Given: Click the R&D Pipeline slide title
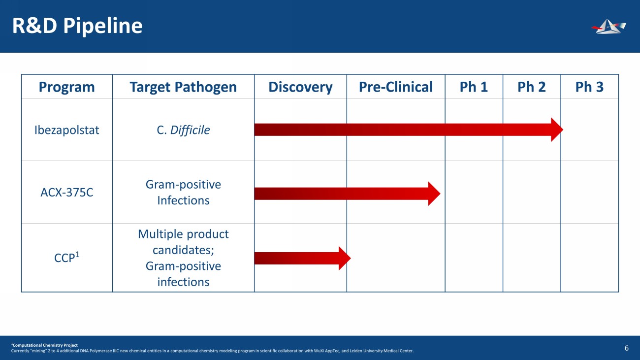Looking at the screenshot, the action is click(x=77, y=26).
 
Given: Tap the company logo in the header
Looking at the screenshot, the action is click(x=608, y=27).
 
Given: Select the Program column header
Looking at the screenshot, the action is click(x=66, y=87).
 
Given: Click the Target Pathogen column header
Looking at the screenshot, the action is click(x=183, y=87).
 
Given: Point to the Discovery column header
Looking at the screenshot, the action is click(x=300, y=87).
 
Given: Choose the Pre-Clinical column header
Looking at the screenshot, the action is click(x=396, y=87).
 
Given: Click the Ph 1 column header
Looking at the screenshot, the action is click(x=474, y=87).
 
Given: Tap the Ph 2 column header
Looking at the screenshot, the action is click(x=531, y=87).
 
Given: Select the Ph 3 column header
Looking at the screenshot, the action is click(x=589, y=87).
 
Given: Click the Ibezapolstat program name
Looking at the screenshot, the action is click(x=66, y=131).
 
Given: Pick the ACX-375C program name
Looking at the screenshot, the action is click(x=66, y=192).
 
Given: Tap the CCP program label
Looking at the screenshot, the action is click(x=66, y=257).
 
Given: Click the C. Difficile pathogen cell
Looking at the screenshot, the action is click(x=183, y=130).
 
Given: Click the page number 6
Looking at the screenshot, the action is click(x=627, y=348).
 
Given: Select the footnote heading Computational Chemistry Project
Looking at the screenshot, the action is click(x=45, y=345).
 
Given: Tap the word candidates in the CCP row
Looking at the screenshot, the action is click(x=183, y=250).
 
